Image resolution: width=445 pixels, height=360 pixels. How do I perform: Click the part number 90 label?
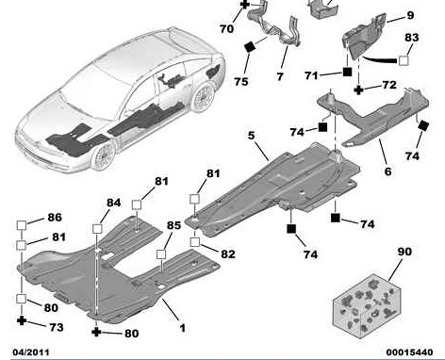404,252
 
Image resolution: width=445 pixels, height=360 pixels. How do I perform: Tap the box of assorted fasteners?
367,305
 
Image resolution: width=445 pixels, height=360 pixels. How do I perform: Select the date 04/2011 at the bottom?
31,352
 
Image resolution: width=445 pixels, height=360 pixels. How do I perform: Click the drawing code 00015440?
409,352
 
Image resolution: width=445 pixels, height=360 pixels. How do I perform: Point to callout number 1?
183,328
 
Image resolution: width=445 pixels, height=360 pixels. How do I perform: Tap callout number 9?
410,15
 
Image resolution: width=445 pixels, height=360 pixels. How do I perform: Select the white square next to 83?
404,60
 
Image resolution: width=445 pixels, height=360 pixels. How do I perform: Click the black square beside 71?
347,72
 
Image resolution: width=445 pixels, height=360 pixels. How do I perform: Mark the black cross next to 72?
358,90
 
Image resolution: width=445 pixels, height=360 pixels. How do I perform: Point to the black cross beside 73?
22,320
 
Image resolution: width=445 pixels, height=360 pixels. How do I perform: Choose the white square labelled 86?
22,225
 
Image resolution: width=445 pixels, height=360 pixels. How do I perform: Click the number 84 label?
114,203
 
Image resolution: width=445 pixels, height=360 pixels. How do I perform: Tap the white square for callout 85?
161,254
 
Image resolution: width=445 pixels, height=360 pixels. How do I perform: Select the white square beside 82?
195,242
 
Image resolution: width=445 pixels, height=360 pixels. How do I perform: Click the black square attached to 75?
251,47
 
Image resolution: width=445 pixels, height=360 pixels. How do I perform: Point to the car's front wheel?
104,156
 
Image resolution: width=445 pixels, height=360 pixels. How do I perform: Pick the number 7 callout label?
280,76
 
